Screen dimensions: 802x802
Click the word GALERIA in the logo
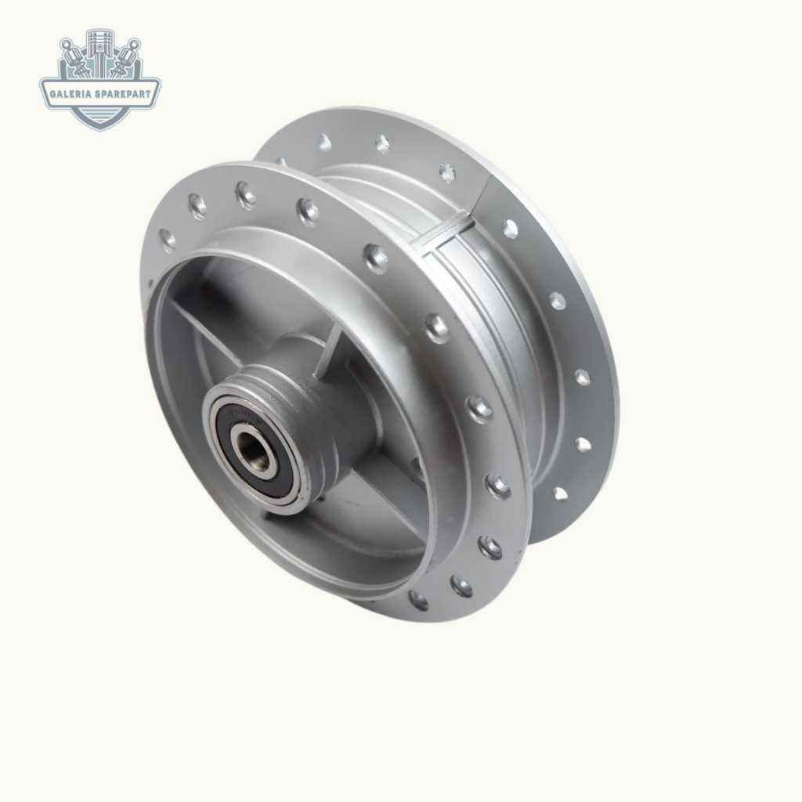(70, 94)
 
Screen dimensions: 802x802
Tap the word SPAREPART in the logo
(123, 94)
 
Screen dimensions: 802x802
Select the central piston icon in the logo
(99, 53)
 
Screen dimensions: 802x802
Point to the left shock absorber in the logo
(75, 59)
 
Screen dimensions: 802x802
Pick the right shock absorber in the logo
(125, 59)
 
